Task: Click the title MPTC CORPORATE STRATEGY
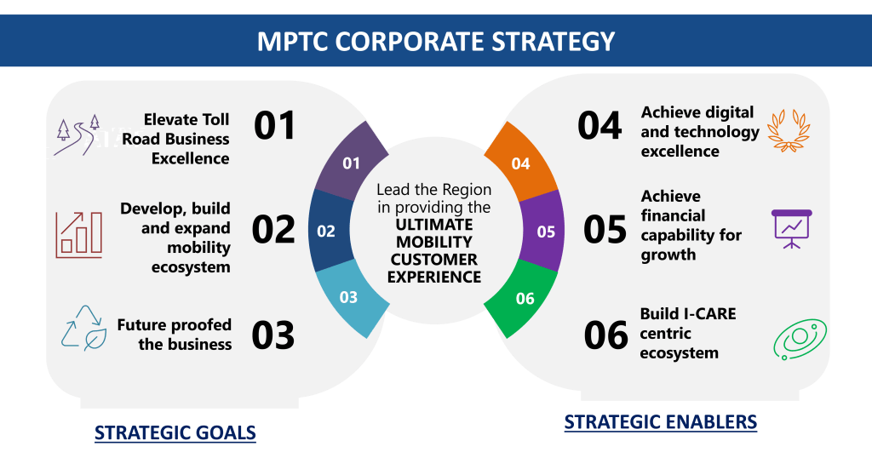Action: click(x=436, y=41)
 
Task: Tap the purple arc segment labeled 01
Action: click(x=349, y=163)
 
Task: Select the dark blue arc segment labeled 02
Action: click(x=326, y=231)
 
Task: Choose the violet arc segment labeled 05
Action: click(x=545, y=231)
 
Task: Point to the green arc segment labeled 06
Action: click(x=524, y=297)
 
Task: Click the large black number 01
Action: click(x=274, y=125)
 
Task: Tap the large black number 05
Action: click(x=605, y=229)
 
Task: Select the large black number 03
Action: click(x=273, y=335)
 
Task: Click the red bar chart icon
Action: click(x=79, y=234)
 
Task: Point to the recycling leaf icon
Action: click(x=83, y=327)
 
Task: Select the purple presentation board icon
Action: click(x=792, y=228)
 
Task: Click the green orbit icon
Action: click(x=800, y=339)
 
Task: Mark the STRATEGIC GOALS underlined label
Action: click(x=175, y=432)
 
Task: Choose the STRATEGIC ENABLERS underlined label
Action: click(x=660, y=422)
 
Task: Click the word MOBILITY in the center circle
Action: click(x=434, y=242)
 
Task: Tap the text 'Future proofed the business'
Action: click(x=175, y=335)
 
